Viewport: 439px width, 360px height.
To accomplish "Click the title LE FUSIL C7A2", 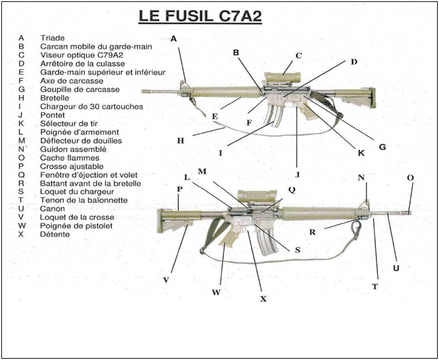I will pyautogui.click(x=200, y=16).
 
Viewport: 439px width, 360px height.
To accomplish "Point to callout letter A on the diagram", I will pyautogui.click(x=174, y=38).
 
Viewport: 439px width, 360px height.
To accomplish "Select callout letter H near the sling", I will pyautogui.click(x=180, y=139).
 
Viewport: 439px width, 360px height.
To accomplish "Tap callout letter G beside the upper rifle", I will pyautogui.click(x=382, y=147).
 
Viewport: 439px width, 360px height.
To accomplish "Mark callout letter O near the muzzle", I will pyautogui.click(x=410, y=178).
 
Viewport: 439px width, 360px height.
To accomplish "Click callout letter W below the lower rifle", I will pyautogui.click(x=216, y=292).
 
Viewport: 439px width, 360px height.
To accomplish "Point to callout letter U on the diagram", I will pyautogui.click(x=395, y=268).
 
